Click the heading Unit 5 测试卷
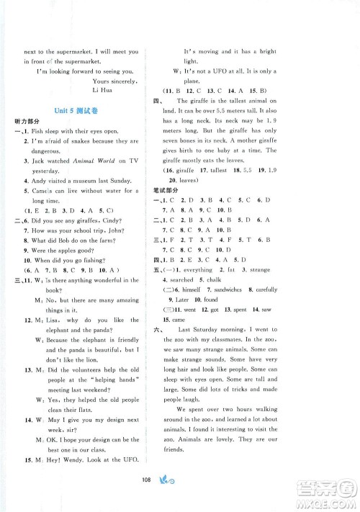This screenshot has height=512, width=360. [71, 111]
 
